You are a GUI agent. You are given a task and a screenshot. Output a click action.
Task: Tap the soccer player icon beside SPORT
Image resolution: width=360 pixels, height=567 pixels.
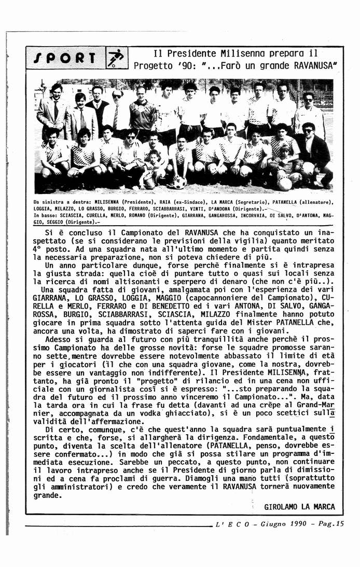coord(116,59)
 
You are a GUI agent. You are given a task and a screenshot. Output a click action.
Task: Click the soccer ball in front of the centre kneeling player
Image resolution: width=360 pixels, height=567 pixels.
coord(179,183)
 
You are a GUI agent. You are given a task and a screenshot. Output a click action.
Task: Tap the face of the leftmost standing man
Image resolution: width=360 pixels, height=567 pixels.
coord(57,91)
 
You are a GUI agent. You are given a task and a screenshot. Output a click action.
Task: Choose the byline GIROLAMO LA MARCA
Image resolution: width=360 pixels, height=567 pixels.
coord(299,507)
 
